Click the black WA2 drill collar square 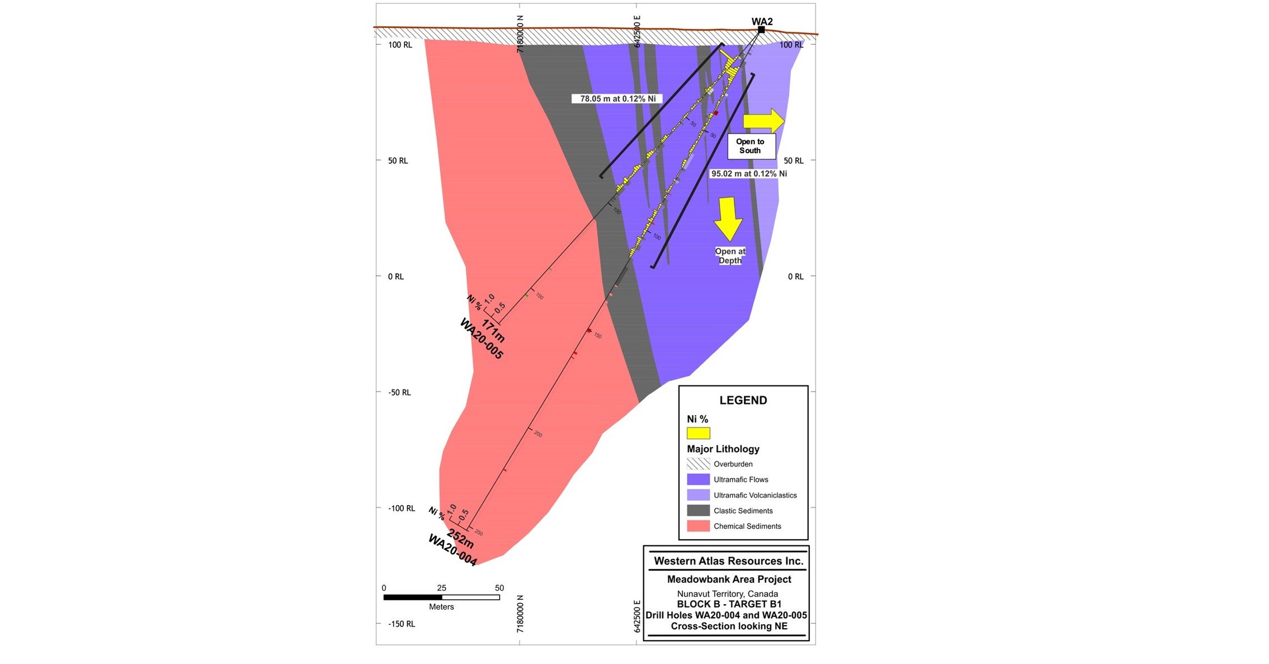tap(761, 30)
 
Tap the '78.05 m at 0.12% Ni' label tap(617, 99)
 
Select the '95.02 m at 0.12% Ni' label tap(748, 174)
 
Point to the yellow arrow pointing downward tap(728, 219)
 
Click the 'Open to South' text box tap(751, 146)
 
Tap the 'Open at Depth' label tap(730, 256)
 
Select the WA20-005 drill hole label tap(481, 339)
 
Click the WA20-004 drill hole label tap(452, 550)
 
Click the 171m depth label tap(493, 331)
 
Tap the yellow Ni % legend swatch tap(698, 433)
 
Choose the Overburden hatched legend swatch tap(698, 464)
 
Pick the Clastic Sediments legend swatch tap(698, 511)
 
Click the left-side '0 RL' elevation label tap(395, 277)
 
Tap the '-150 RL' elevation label tap(402, 624)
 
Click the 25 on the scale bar tap(441, 588)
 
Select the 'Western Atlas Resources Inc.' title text tap(728, 561)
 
